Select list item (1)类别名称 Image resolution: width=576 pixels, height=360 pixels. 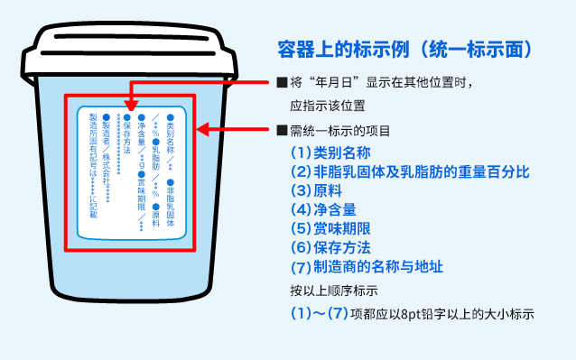(330, 152)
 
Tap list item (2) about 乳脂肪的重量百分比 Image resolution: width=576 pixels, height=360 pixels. (409, 171)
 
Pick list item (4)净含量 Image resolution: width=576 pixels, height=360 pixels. (322, 209)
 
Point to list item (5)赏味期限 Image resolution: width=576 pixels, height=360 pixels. (330, 228)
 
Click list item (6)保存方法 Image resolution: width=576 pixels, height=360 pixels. (330, 247)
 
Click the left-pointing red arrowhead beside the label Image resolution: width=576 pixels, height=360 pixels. (204, 130)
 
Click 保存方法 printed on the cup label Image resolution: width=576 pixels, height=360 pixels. (127, 133)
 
